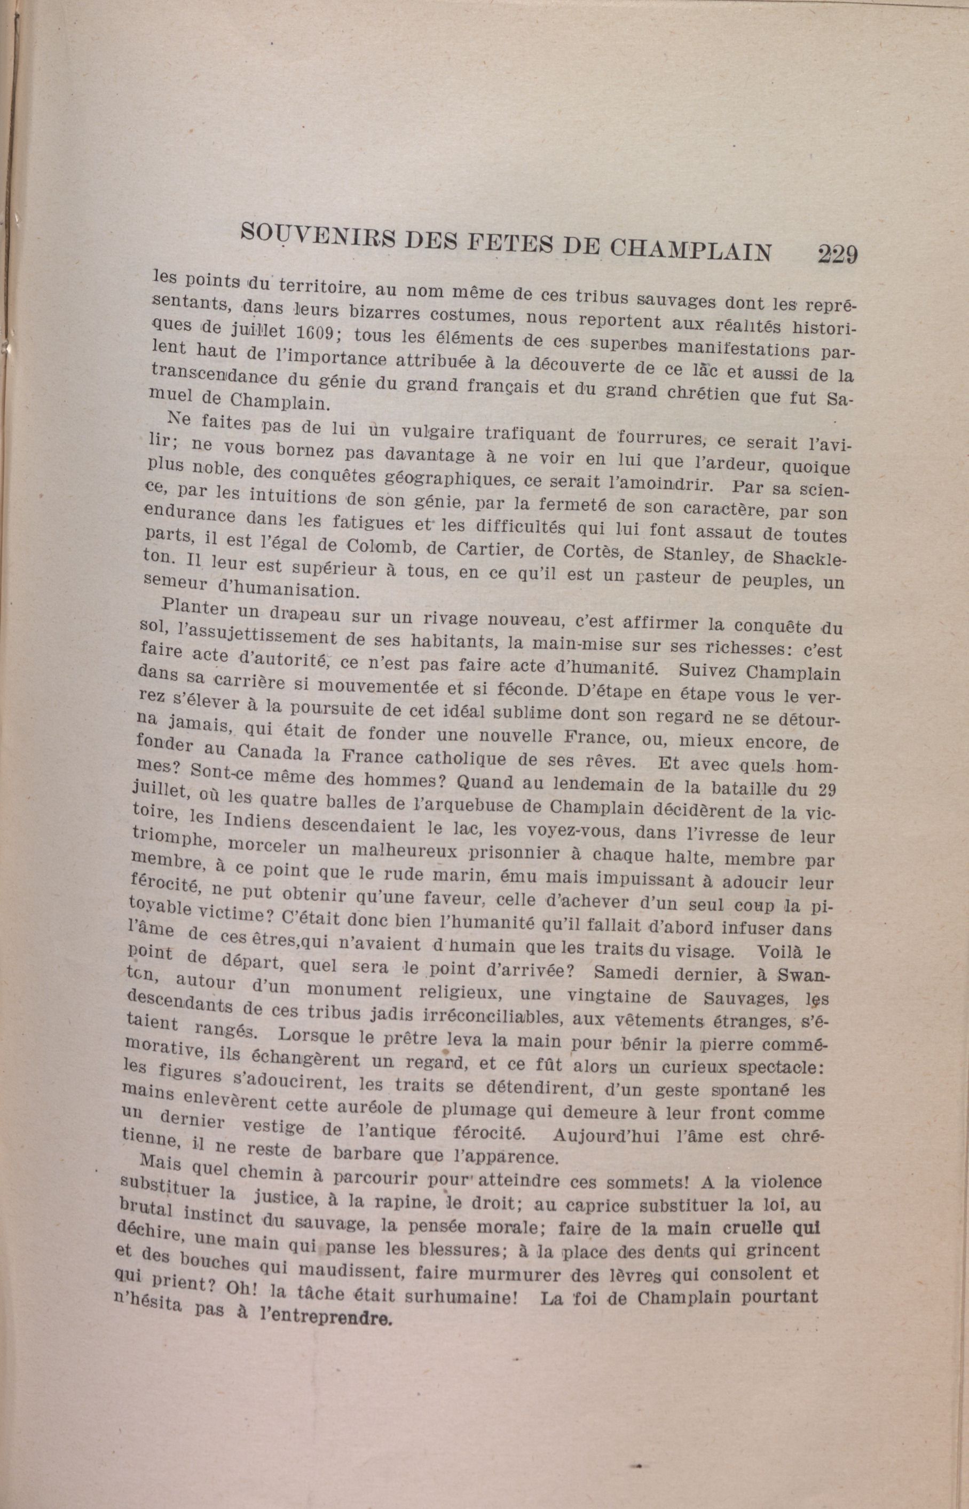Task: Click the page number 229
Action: pos(837,255)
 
